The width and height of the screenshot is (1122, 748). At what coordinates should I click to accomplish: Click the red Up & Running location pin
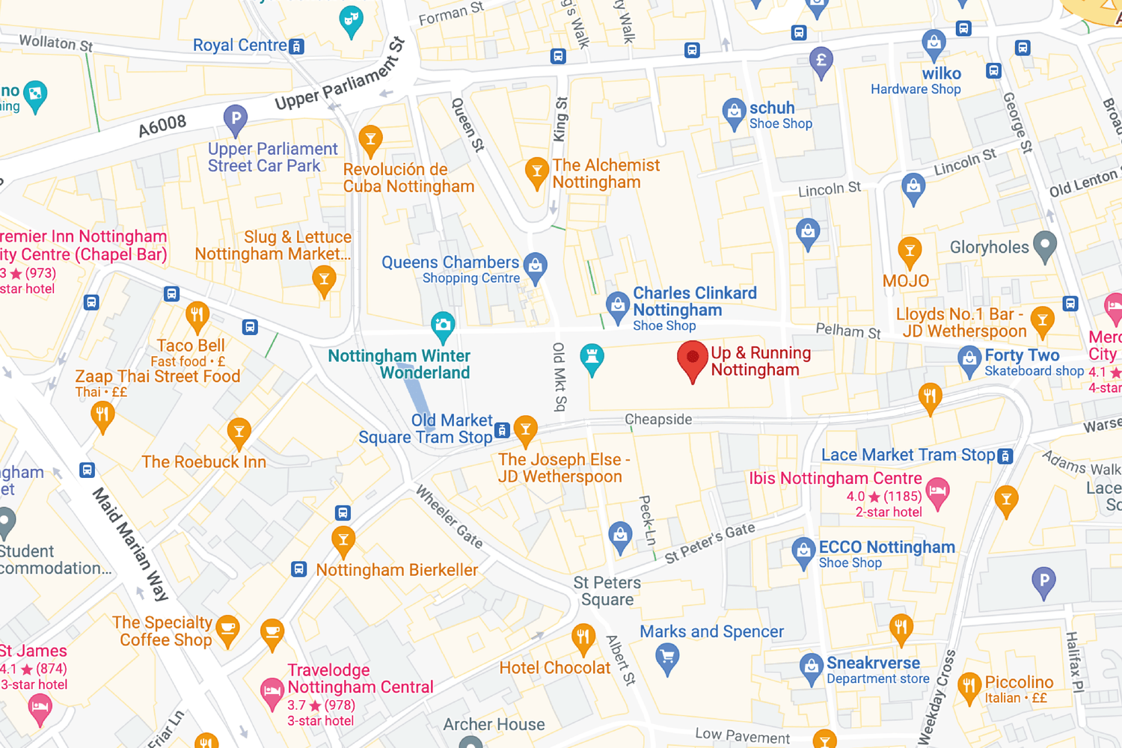tap(693, 359)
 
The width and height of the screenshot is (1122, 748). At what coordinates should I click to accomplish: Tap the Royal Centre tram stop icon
tap(297, 46)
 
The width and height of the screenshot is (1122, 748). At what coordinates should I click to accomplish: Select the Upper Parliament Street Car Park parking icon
tap(236, 118)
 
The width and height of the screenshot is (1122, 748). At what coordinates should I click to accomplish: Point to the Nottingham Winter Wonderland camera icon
tap(443, 325)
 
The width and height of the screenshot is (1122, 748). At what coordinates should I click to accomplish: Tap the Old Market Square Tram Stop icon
tap(503, 430)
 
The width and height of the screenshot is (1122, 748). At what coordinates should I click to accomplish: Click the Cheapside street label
tap(658, 420)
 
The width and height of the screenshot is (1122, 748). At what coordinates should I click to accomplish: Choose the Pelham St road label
tap(847, 331)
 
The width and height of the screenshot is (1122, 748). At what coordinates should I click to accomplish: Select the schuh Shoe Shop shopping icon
tap(734, 111)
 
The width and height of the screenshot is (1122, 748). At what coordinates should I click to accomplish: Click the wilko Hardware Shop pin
tap(934, 43)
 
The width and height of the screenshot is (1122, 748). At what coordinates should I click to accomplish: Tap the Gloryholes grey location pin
tap(1044, 244)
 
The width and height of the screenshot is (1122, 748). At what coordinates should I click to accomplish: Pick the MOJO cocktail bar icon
tap(910, 251)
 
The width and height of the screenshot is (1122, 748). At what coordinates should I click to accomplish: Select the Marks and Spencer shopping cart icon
tap(667, 657)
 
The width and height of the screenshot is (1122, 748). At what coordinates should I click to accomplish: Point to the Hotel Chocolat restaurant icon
tap(583, 638)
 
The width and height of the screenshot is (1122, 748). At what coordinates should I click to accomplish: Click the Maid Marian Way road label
tap(130, 544)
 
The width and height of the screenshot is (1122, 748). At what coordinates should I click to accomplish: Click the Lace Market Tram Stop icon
tap(1006, 456)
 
